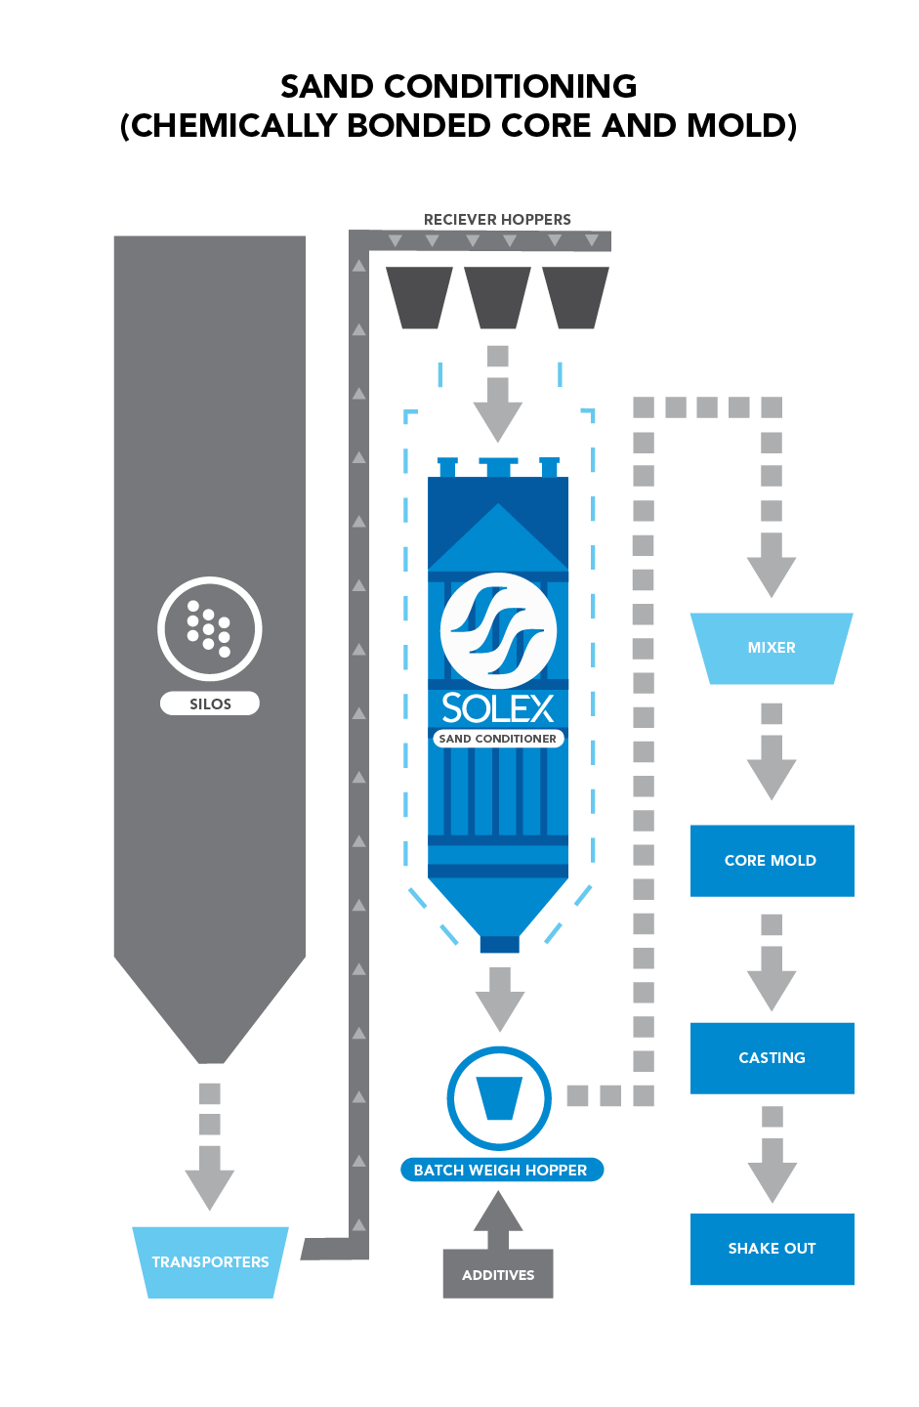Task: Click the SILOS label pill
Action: [x=210, y=703]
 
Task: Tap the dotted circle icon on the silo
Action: [x=210, y=628]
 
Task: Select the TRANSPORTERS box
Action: [x=210, y=1261]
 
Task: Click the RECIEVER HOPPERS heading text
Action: [x=497, y=220]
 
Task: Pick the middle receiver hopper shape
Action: [x=497, y=297]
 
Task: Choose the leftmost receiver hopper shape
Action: [x=420, y=297]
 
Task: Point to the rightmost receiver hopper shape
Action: [x=575, y=297]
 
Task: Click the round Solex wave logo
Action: [x=498, y=630]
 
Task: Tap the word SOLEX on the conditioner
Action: [x=498, y=707]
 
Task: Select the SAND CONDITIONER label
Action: [x=498, y=739]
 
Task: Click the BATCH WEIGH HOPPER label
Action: [x=501, y=1170]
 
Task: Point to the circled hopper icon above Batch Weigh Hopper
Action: [x=499, y=1098]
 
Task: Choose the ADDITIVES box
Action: [x=498, y=1274]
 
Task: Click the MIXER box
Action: [x=772, y=648]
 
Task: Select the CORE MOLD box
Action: [x=772, y=860]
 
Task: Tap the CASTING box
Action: [x=772, y=1057]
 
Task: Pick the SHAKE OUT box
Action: [x=772, y=1249]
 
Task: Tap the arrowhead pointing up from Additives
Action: [x=498, y=1215]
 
